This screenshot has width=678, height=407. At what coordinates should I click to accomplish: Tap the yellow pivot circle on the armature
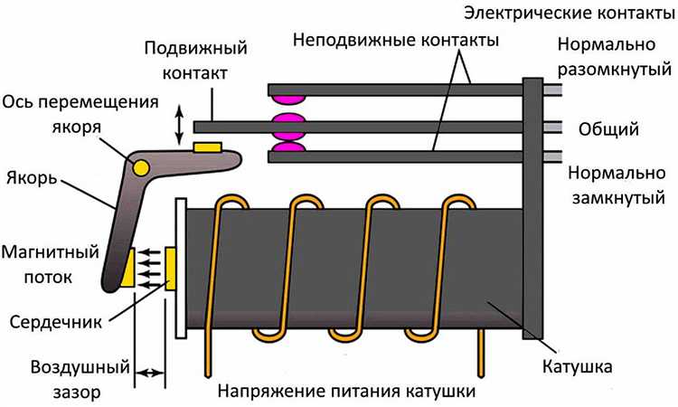tap(141, 166)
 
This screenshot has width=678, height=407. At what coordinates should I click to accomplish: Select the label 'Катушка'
tap(578, 367)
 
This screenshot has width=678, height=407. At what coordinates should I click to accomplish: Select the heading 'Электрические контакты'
tap(570, 14)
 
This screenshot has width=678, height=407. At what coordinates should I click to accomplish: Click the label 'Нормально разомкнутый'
tap(613, 56)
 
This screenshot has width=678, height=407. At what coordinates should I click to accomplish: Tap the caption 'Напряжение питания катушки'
tap(347, 393)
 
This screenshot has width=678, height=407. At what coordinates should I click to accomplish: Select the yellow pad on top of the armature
tap(207, 146)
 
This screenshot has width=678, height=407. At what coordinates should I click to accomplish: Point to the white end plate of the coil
tap(180, 268)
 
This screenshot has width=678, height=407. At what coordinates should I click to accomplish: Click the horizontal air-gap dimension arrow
tap(150, 371)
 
